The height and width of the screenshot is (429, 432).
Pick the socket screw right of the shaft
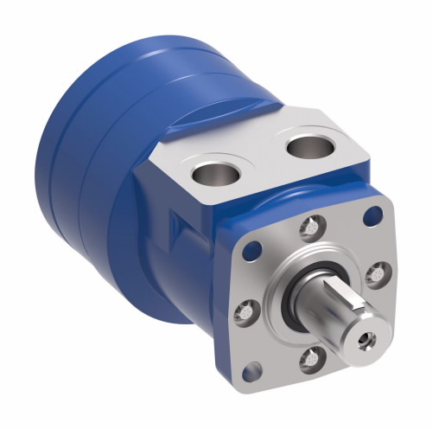(x=375, y=275)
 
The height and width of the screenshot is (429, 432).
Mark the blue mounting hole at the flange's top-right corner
(x=374, y=214)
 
